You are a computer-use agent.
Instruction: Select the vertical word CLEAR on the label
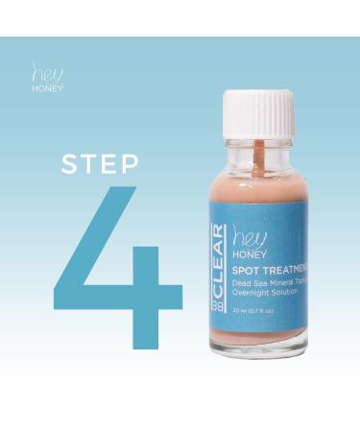tap(218, 251)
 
